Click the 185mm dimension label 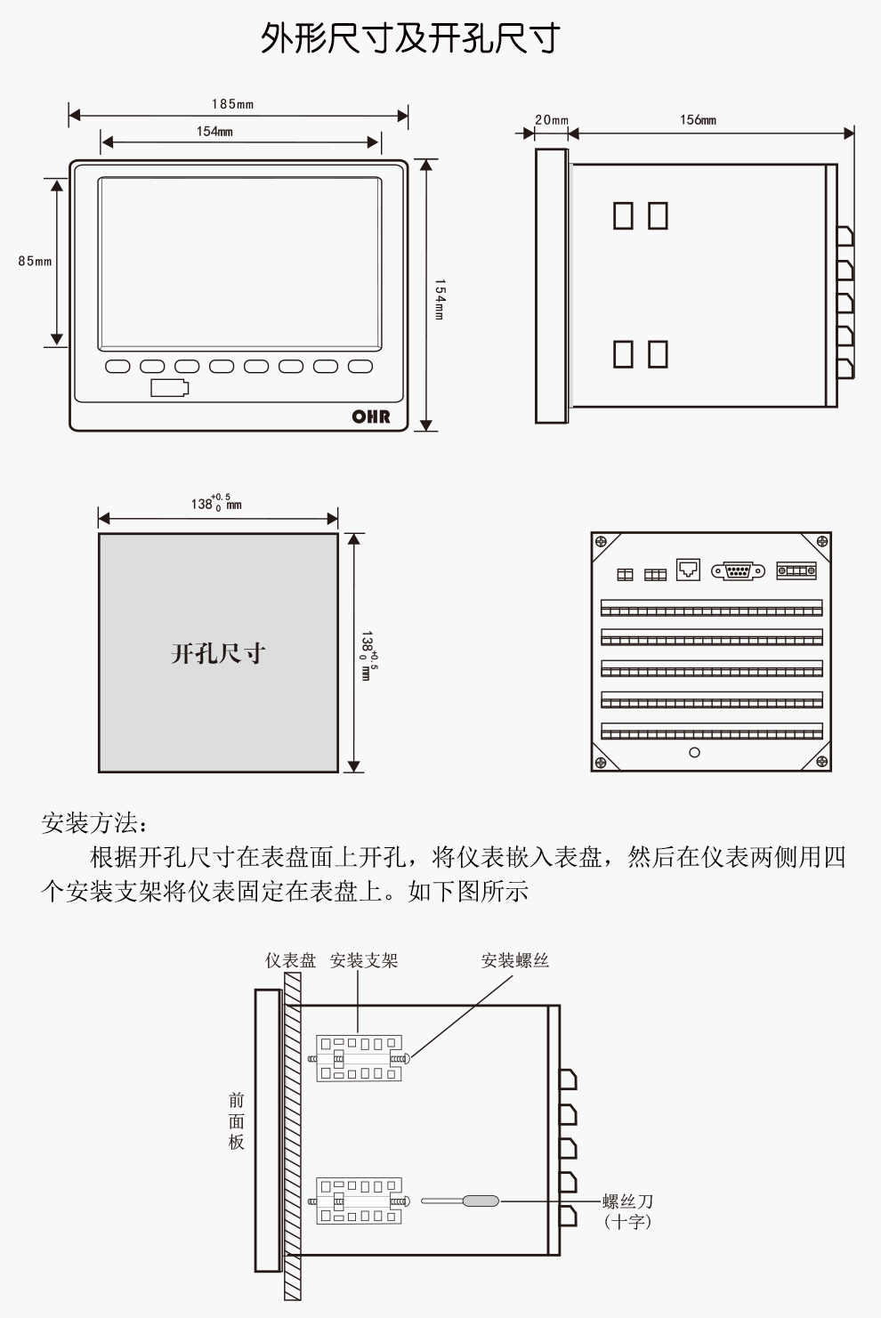[232, 104]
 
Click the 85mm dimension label [35, 261]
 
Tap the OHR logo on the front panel [370, 416]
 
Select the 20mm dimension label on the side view [551, 119]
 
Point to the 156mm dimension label [698, 119]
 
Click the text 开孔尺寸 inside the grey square [218, 654]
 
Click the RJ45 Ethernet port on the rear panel [688, 570]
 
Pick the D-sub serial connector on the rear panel [738, 571]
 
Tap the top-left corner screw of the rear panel [601, 541]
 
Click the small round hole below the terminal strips [694, 752]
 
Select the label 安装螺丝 [514, 960]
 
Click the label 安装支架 [363, 960]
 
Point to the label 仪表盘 [290, 960]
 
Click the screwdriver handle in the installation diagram [480, 1201]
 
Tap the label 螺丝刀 [627, 1201]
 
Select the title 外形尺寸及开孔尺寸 [410, 38]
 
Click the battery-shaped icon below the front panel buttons [169, 388]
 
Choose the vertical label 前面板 [236, 1121]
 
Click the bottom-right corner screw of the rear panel [821, 762]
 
